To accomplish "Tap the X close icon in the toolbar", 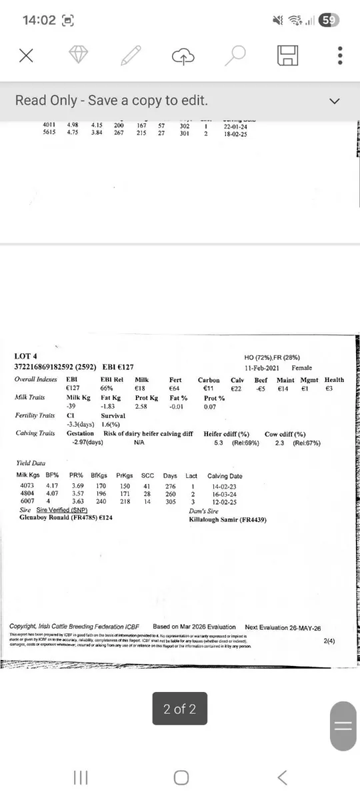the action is click(26, 56).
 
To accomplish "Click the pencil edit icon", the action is click(131, 56).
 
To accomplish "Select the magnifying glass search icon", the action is click(235, 56).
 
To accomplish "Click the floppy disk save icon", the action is click(287, 56).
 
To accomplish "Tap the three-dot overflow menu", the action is click(340, 56).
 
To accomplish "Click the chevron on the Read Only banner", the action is click(335, 101).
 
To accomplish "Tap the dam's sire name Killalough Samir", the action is click(227, 519).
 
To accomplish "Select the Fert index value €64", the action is click(174, 388).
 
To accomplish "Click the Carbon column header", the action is click(209, 380).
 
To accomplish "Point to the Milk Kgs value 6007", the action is click(27, 501).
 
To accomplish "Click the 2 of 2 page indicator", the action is click(180, 709).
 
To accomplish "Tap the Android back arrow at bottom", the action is click(282, 777).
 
